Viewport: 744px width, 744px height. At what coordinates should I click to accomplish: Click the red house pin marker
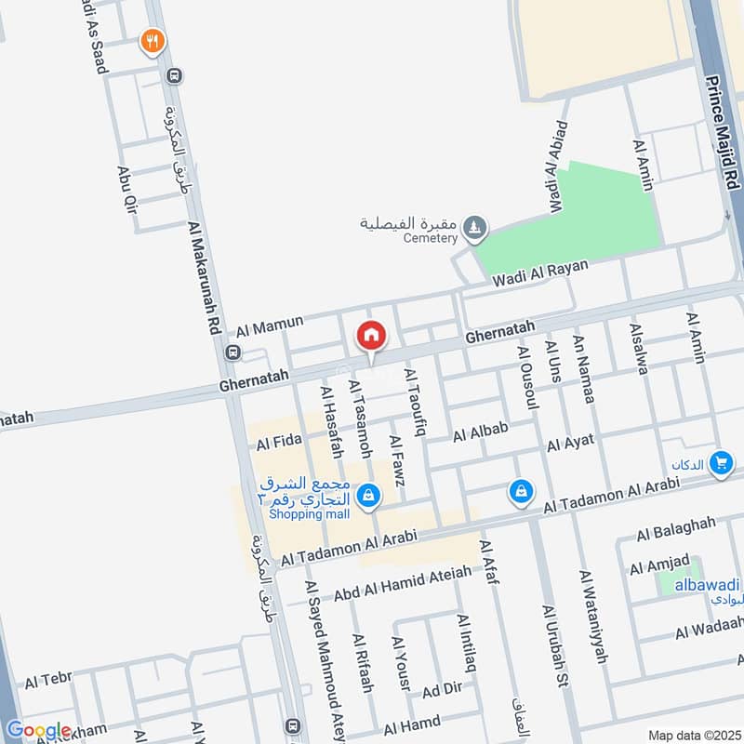pos(371,335)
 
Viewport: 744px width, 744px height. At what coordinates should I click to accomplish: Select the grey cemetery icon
pos(475,226)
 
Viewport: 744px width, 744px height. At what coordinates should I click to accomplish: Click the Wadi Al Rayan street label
pos(540,272)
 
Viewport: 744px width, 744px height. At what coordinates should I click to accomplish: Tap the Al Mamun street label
pos(270,325)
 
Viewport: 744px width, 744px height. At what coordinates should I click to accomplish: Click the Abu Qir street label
pos(126,190)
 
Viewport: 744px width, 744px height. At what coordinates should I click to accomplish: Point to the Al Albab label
pos(481,432)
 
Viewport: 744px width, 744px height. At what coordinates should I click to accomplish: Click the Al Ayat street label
pos(570,444)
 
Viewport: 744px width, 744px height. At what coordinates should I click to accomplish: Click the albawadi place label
pos(707,584)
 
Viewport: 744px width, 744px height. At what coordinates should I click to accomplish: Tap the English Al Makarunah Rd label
pos(205,280)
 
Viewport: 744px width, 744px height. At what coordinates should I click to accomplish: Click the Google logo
pos(39,730)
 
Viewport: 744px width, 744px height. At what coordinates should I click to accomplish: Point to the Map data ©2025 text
pos(693,735)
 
